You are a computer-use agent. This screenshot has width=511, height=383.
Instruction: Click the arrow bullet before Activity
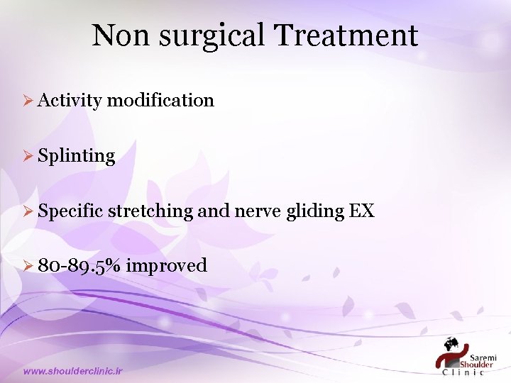(x=28, y=101)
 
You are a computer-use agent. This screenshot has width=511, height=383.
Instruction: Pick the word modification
(x=160, y=100)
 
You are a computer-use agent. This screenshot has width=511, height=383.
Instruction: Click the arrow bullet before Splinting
(x=28, y=156)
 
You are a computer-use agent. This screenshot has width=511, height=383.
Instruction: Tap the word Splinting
(x=77, y=156)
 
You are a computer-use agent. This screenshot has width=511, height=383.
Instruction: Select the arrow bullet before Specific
(x=28, y=211)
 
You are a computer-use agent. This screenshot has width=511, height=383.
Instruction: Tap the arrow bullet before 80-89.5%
(x=28, y=266)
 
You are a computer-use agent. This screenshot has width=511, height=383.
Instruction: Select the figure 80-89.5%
(x=80, y=266)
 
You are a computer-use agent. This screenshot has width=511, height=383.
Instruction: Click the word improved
(x=167, y=266)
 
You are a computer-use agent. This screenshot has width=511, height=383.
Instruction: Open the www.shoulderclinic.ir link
(x=73, y=371)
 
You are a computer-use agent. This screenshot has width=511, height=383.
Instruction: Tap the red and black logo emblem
(x=449, y=353)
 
